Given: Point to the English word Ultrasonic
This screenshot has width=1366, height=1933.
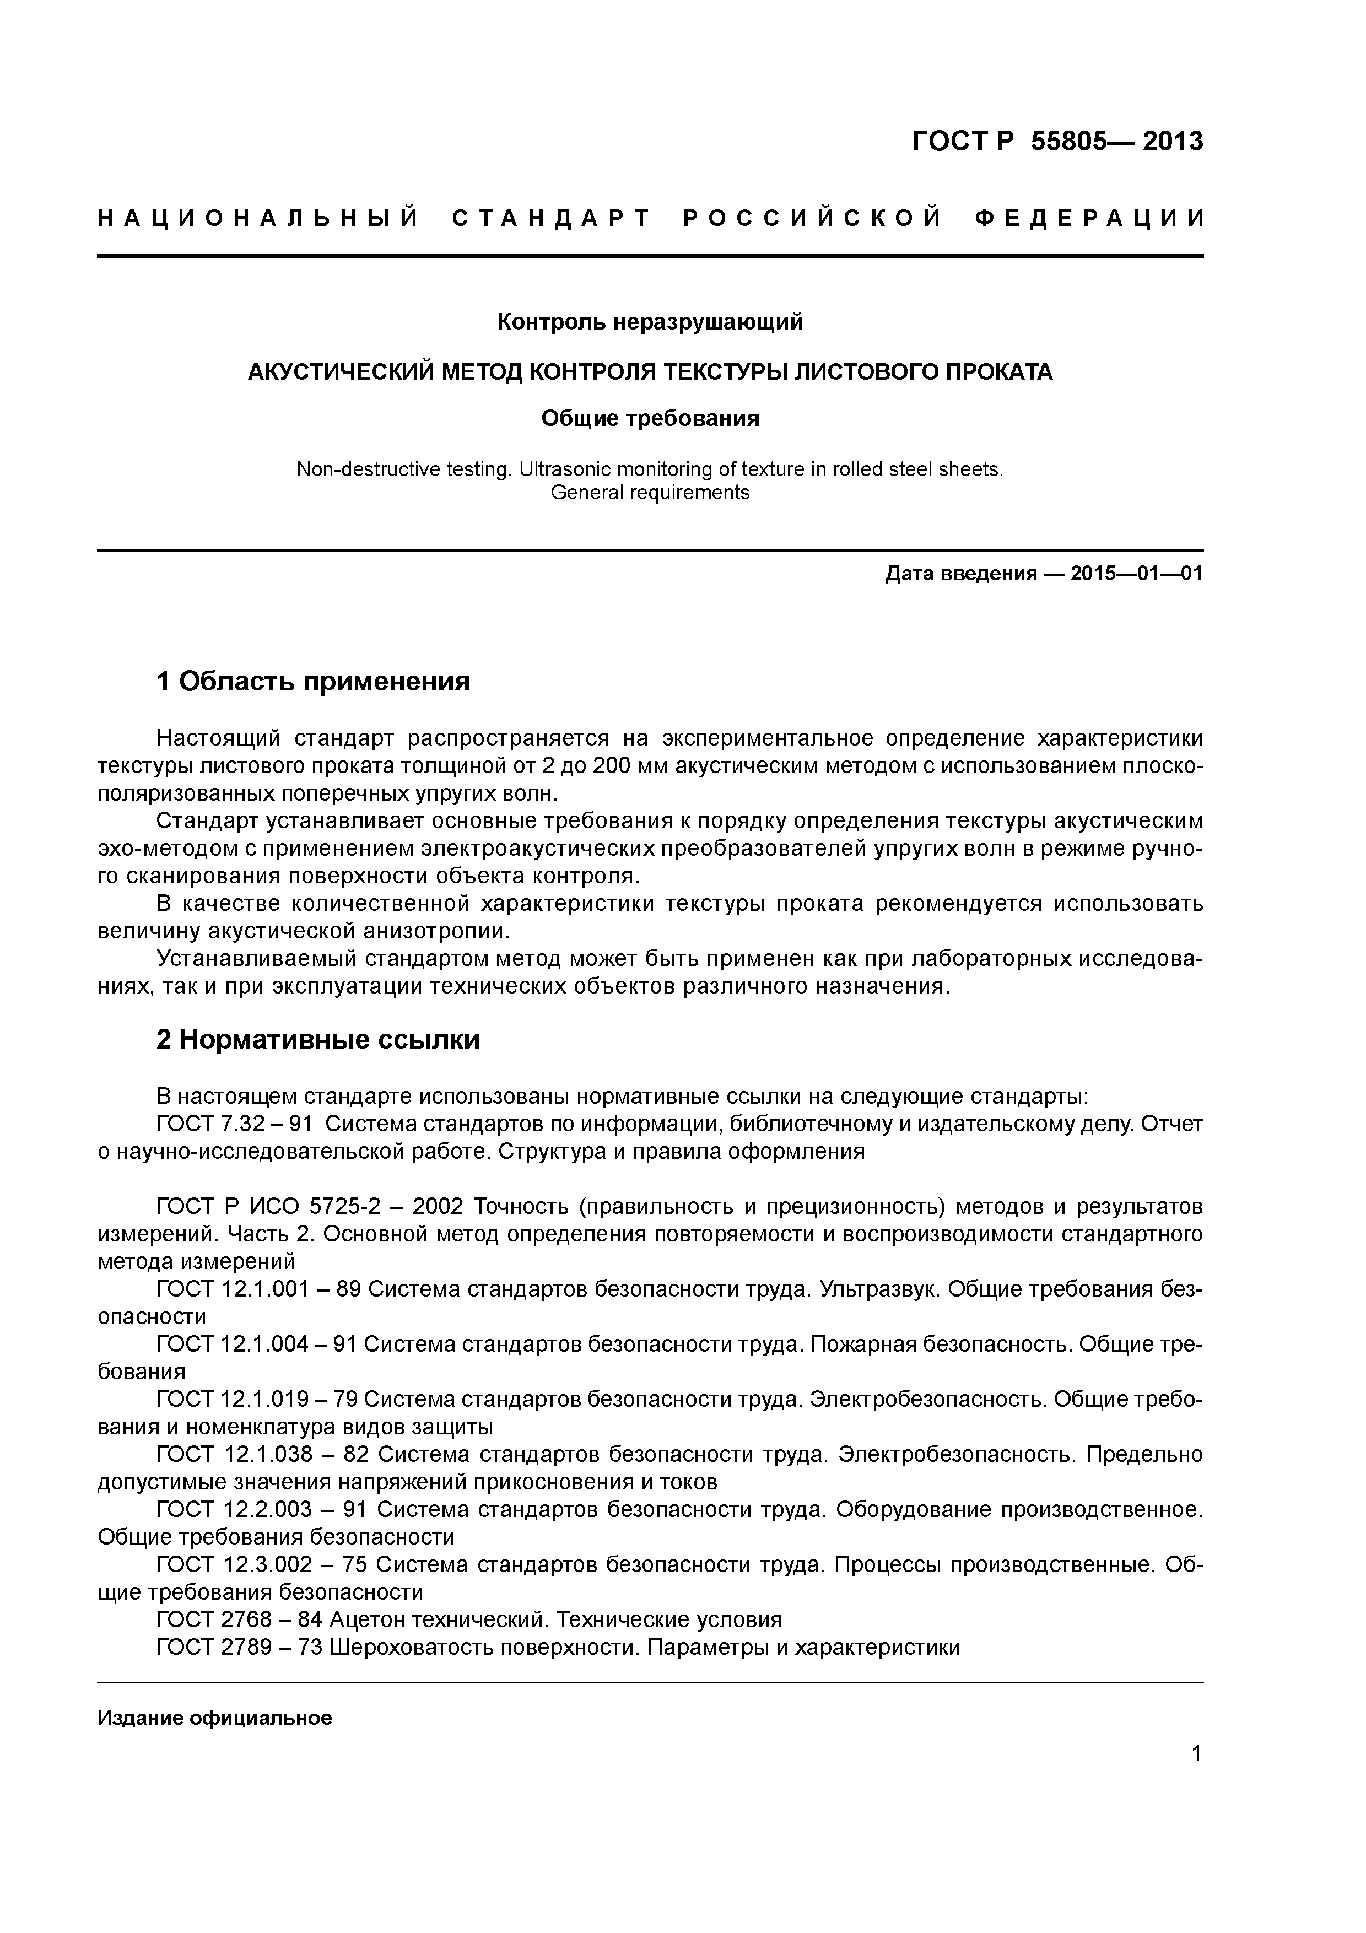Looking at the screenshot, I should pos(561,469).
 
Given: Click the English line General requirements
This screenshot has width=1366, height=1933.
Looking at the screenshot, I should pos(650,493).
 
